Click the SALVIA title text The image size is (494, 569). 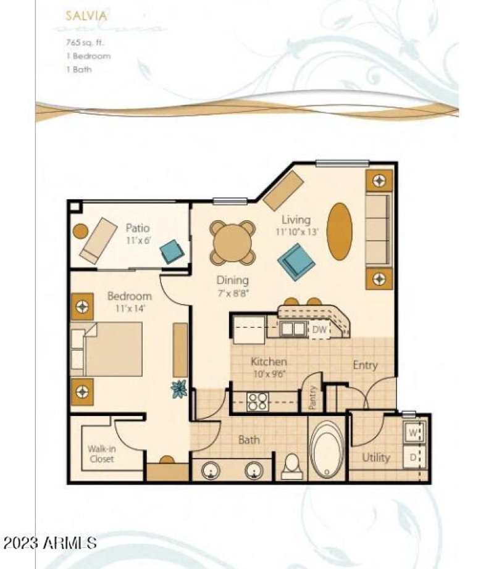point(86,14)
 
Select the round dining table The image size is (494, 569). point(232,243)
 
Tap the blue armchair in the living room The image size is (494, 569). point(296,261)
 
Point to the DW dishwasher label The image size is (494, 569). point(319,330)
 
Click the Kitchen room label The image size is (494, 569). point(268,362)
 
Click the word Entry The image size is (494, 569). point(364,365)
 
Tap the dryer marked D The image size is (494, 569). point(412,457)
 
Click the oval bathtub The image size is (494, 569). point(327,449)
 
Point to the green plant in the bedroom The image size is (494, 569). point(179,389)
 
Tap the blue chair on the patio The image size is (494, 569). point(171,252)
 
